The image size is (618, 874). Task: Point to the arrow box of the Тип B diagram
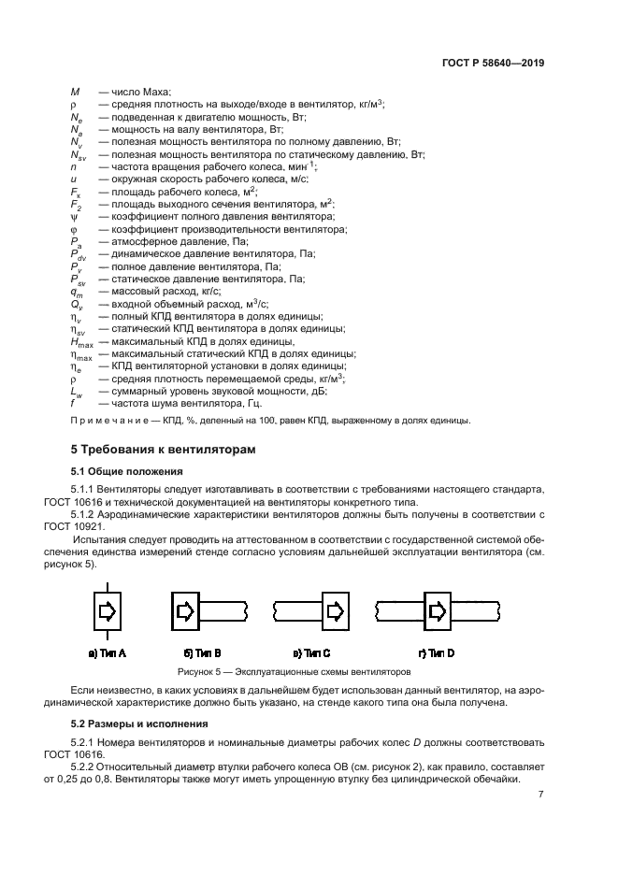click(x=185, y=611)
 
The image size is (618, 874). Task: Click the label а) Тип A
click(x=108, y=652)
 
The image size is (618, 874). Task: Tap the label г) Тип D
click(x=437, y=652)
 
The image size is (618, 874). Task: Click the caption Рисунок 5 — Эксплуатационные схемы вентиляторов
click(x=295, y=671)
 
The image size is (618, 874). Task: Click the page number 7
click(x=540, y=795)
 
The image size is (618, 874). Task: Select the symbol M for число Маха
click(x=75, y=92)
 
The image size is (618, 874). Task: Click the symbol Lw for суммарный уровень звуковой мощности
click(x=77, y=393)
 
